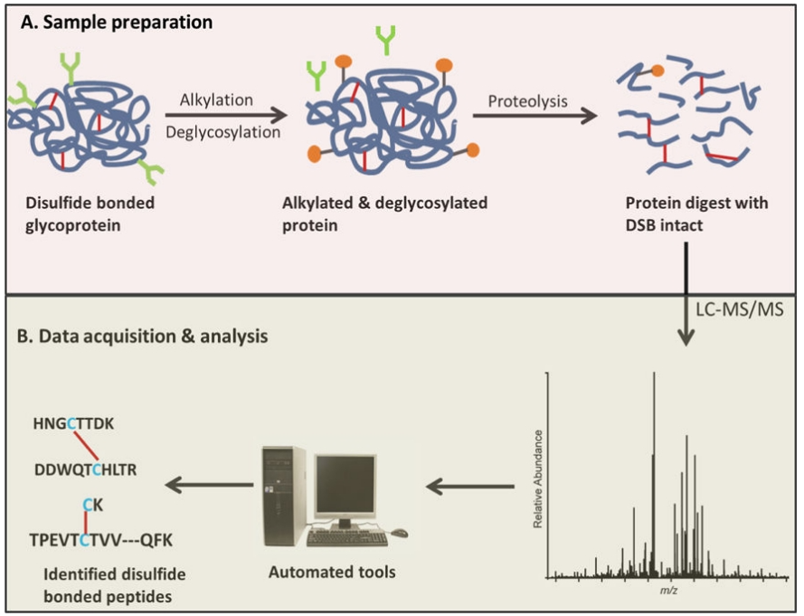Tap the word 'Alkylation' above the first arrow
point(217,99)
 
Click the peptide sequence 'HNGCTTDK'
point(72,422)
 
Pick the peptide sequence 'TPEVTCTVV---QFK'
point(100,540)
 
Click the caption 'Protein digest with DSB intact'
point(695,213)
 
